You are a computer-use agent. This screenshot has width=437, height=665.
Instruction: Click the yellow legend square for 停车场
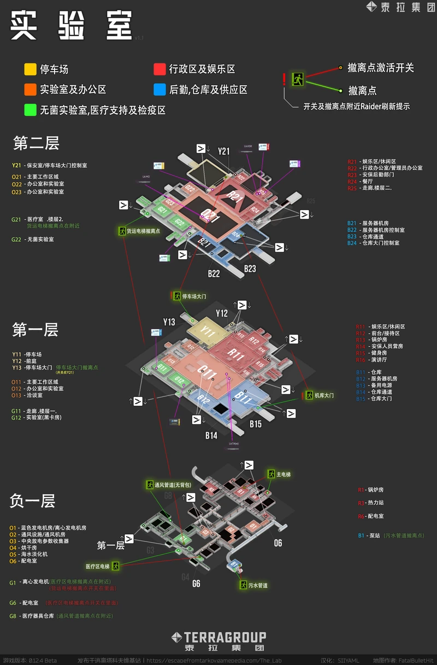[30, 69]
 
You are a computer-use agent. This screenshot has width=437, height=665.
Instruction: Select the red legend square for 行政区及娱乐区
[160, 69]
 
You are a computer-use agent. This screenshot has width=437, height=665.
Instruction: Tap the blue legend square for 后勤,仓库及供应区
[160, 90]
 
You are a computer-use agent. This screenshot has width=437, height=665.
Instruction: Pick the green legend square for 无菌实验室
[30, 110]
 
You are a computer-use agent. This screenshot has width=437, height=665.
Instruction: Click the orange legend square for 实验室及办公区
[30, 90]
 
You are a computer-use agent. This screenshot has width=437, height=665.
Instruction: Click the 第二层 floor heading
[36, 144]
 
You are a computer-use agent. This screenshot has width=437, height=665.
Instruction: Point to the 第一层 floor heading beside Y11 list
[35, 330]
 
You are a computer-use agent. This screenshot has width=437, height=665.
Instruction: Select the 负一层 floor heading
[32, 501]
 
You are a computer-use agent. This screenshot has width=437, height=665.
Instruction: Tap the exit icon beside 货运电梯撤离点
[121, 231]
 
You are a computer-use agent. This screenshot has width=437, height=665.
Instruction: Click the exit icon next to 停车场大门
[177, 296]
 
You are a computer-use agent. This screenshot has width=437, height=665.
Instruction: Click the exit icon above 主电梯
[271, 474]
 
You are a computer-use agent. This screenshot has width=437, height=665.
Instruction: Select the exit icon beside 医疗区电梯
[115, 566]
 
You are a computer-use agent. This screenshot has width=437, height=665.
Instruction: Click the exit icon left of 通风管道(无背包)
[150, 485]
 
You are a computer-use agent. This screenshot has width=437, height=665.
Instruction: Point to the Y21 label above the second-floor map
[224, 151]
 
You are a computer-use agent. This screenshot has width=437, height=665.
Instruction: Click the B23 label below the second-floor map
[250, 269]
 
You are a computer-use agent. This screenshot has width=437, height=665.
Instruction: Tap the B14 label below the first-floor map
[211, 435]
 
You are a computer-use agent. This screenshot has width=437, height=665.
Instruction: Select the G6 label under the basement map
[196, 584]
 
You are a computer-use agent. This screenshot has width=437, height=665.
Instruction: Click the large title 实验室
[71, 26]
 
